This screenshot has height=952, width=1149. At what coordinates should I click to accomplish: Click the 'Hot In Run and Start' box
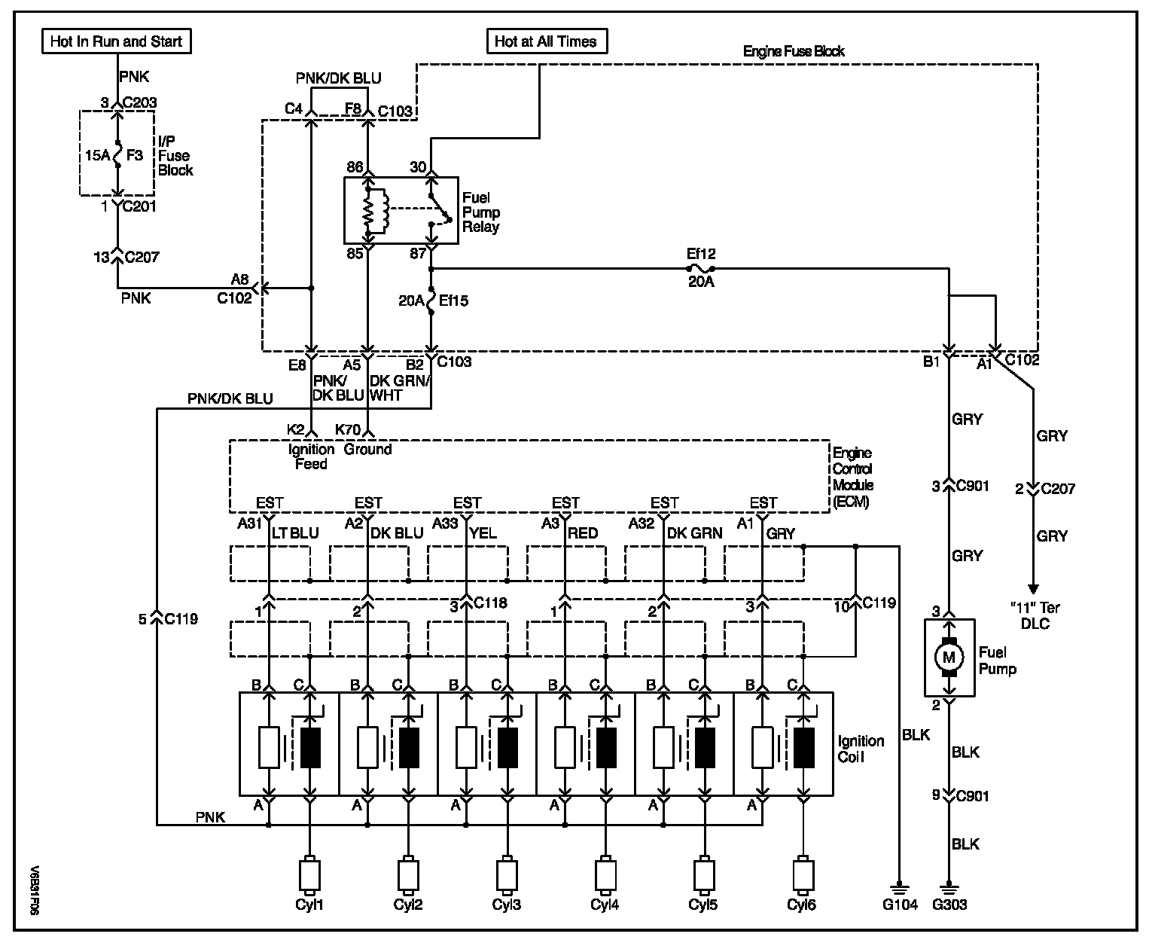116,41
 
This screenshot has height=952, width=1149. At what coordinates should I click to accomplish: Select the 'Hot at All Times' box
546,41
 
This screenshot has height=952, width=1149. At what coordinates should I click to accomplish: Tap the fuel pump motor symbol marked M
948,658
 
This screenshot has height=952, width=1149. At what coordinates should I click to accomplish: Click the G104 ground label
899,905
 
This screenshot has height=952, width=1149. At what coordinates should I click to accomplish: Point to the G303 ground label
949,905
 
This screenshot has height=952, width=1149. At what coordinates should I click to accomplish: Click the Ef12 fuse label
700,255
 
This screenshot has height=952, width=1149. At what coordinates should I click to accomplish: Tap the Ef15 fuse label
454,301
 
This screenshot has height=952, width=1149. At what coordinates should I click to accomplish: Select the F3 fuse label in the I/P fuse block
135,155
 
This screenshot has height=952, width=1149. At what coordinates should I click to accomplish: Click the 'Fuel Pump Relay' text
480,212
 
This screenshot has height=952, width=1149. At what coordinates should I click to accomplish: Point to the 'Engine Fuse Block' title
794,52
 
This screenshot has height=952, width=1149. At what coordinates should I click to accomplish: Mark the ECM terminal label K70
346,430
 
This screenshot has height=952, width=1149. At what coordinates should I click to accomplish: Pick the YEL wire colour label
483,533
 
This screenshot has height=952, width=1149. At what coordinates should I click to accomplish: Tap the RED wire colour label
584,533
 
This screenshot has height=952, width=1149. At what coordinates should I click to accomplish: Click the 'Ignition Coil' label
861,749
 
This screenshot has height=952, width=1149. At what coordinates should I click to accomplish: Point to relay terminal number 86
355,167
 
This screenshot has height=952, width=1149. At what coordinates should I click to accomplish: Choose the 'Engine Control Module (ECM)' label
852,477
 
